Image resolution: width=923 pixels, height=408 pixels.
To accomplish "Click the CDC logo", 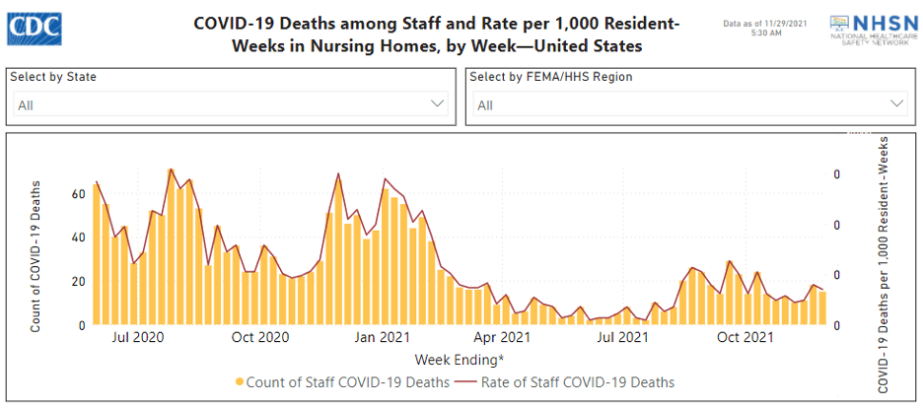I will point(35,29).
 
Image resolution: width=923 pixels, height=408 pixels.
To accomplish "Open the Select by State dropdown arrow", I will point(438,102).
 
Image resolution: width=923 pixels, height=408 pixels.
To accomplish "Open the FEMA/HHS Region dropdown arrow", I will point(897,102).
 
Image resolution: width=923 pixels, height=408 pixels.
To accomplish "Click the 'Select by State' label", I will point(53,77).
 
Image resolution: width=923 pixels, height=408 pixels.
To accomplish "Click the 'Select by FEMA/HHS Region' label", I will point(550,77).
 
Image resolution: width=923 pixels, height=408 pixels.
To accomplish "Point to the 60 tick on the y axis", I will point(77,193).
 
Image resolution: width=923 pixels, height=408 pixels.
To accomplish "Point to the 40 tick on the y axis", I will point(77,238).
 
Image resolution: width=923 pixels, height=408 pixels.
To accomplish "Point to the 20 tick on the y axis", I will point(77,281).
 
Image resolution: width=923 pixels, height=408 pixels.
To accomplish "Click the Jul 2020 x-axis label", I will point(138,338).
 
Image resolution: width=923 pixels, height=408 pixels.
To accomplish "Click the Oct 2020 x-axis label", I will point(259,338).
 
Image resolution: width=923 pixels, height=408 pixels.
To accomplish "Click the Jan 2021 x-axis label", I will point(382,338).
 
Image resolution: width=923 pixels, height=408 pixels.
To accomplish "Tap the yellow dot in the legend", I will point(240,381).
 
